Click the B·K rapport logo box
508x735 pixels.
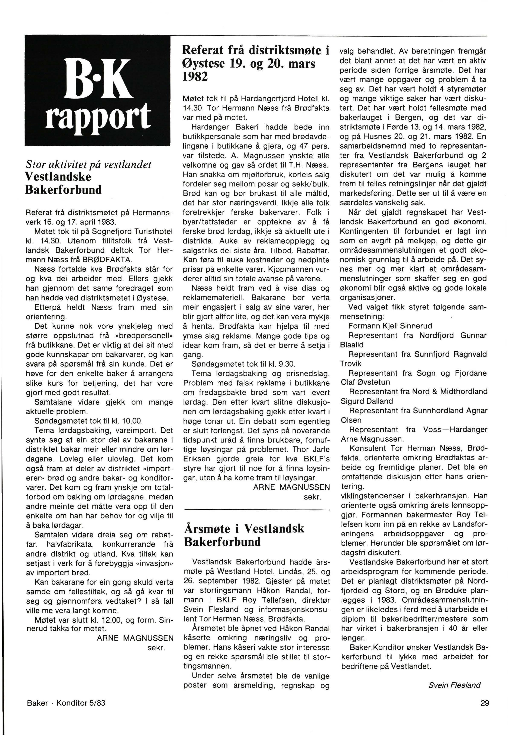click(x=98, y=91)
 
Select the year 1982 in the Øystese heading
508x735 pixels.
click(x=195, y=76)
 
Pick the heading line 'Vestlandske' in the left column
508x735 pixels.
click(x=58, y=176)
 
